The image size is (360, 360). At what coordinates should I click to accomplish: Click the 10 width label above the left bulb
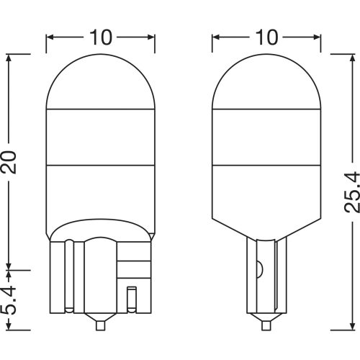[100, 35]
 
